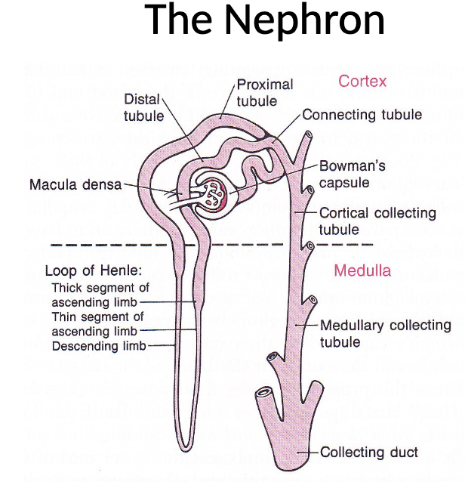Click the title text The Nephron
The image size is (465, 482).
click(265, 21)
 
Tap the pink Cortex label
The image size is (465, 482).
click(362, 81)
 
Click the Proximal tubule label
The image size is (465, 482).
click(265, 92)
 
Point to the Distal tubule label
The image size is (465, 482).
click(143, 108)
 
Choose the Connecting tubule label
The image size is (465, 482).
click(362, 115)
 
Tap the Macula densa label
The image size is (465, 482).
click(75, 185)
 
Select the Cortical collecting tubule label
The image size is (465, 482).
click(377, 221)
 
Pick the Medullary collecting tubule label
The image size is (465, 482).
click(385, 334)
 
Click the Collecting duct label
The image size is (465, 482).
click(369, 453)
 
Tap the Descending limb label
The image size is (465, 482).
click(99, 346)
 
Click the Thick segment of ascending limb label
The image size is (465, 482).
click(100, 295)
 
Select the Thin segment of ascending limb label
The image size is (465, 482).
click(97, 324)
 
